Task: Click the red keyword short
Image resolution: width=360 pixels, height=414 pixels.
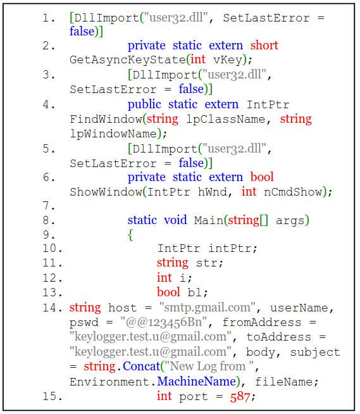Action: [264, 45]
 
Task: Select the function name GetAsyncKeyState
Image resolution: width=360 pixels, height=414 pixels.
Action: [128, 60]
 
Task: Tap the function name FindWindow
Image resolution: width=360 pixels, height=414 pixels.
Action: [106, 119]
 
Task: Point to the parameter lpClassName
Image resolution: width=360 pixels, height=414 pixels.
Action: [226, 119]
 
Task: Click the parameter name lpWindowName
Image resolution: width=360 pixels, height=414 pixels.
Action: [113, 134]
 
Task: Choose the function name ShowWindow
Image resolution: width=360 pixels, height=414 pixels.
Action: [106, 192]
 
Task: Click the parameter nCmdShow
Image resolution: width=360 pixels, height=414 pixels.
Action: [293, 192]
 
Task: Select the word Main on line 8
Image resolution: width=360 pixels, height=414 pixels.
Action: [209, 220]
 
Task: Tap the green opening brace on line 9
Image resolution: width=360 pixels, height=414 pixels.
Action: [130, 235]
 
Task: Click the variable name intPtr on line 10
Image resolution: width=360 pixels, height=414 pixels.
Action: [230, 248]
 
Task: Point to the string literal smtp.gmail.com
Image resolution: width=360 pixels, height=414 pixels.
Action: [207, 308]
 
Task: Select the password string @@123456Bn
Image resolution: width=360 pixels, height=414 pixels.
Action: [163, 322]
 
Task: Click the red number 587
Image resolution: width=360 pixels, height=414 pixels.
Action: [240, 396]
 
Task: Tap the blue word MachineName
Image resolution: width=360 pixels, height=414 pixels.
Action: [197, 382]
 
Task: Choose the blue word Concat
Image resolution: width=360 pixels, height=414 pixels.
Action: [142, 367]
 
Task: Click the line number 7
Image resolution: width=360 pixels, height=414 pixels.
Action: [49, 206]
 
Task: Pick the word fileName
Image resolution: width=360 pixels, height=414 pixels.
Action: [283, 382]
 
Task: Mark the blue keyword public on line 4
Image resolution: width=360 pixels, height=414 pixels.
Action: [144, 104]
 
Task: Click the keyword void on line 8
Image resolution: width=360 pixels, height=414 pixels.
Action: [175, 220]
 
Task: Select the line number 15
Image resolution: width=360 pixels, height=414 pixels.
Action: [53, 396]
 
